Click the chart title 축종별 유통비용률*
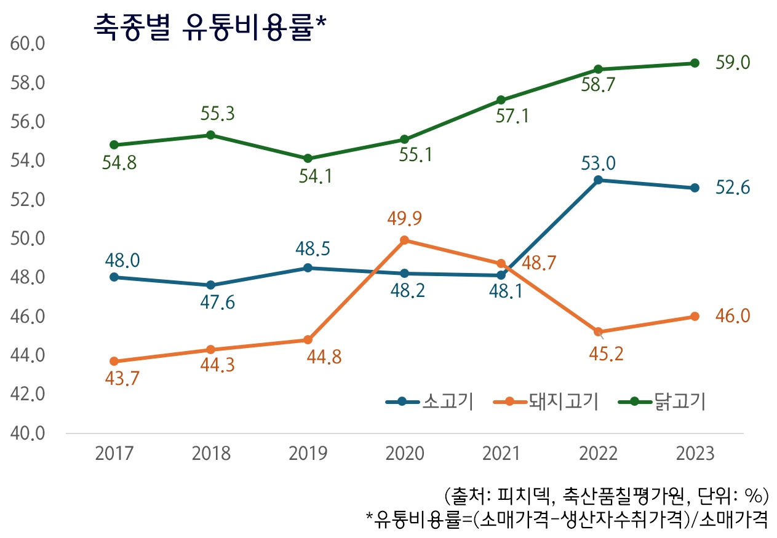point(210,28)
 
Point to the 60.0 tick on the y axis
point(28,44)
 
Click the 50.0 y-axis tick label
point(28,239)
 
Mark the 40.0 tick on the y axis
point(28,433)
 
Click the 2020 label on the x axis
point(404,454)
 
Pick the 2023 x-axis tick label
point(695,454)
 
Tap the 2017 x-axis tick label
point(114,454)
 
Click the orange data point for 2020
point(404,240)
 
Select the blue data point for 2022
point(598,180)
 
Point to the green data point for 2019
point(308,159)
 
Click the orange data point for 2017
point(114,362)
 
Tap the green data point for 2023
point(695,63)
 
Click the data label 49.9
point(404,218)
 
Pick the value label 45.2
point(598,354)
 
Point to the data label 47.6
point(211,303)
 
